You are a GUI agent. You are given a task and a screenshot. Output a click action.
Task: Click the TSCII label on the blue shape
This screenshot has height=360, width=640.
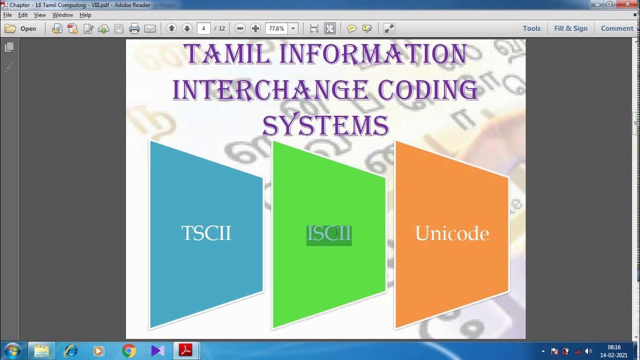(206, 233)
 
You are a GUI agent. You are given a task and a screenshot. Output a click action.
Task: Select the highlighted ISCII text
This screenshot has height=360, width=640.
(329, 234)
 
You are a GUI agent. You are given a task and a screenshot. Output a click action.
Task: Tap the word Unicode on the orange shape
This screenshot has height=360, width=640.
(452, 233)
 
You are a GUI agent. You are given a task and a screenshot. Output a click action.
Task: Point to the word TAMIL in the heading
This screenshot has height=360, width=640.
(227, 54)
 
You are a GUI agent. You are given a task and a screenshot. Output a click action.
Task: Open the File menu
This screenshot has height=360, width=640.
(7, 15)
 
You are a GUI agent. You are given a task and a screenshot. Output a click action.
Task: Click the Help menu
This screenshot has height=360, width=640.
(85, 15)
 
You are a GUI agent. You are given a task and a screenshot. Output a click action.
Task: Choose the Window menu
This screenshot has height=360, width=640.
(62, 15)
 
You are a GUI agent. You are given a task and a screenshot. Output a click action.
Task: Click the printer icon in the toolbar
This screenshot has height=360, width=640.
(134, 28)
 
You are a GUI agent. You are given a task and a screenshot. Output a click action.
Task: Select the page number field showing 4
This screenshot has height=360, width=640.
(203, 28)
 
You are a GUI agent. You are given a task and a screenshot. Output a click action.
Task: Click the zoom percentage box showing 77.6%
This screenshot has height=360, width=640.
(276, 28)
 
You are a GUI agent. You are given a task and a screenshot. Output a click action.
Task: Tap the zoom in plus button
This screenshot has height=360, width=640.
(255, 28)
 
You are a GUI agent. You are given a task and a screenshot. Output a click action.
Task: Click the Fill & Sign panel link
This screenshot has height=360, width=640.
(570, 28)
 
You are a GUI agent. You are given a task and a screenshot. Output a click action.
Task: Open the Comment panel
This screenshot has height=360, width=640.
(617, 28)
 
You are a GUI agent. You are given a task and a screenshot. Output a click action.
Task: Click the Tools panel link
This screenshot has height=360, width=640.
(531, 28)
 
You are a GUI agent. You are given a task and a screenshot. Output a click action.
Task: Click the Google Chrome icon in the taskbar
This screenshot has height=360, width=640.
(128, 351)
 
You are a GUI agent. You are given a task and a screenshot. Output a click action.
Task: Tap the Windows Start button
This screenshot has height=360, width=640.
(11, 351)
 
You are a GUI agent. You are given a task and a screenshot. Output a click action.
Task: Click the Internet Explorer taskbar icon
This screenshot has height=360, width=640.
(70, 351)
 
